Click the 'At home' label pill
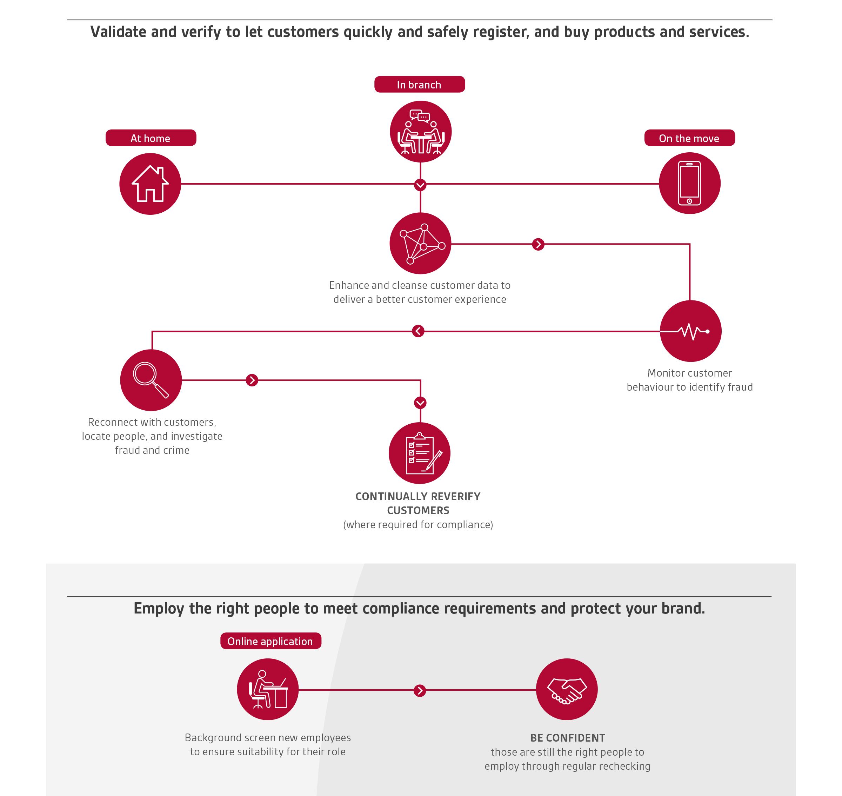tap(151, 138)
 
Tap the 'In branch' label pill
tap(420, 84)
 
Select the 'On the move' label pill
tap(689, 138)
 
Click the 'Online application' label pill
tap(270, 641)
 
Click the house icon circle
tap(150, 184)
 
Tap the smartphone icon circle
tap(690, 183)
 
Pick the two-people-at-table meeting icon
tap(420, 132)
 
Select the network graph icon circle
tap(420, 243)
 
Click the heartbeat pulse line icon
tap(690, 331)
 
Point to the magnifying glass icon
tap(151, 380)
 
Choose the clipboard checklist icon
tap(420, 453)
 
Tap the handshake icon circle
tap(567, 689)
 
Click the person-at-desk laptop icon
tap(268, 689)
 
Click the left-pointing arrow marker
tap(418, 331)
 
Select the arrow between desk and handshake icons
tap(420, 691)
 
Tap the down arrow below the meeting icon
tap(420, 185)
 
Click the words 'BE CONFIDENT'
tap(568, 738)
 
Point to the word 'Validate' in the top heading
tap(118, 32)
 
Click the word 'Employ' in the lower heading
tap(159, 609)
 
